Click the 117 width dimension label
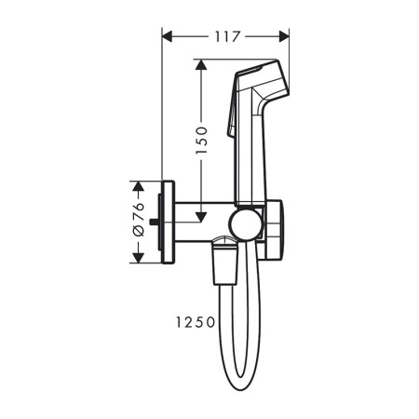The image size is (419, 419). (x=225, y=36)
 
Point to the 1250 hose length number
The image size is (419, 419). (x=194, y=321)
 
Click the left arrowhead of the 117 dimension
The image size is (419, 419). (x=169, y=36)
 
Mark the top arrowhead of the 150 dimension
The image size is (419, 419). (x=199, y=66)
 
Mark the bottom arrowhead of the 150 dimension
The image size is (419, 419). (x=199, y=218)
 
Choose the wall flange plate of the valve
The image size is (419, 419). (x=168, y=221)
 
